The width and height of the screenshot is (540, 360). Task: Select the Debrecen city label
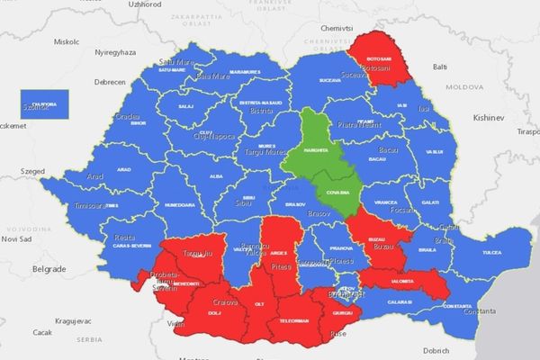pos(110,81)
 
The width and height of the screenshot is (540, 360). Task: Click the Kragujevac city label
pos(57,319)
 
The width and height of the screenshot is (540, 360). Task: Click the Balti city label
pos(440,67)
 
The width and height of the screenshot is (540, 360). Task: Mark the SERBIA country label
pos(88,339)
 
